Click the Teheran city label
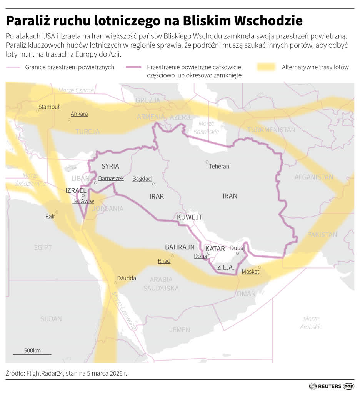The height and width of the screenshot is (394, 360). click(219, 166)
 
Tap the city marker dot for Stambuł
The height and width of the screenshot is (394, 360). click(38, 111)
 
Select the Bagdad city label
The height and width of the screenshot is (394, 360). click(142, 179)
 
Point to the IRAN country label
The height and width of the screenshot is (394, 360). click(230, 196)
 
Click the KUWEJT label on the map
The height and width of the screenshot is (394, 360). click(190, 217)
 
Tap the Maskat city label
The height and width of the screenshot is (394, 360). click(250, 272)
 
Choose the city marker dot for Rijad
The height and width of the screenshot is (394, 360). click(172, 255)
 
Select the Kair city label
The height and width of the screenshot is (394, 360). click(50, 216)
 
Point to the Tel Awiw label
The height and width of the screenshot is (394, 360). click(83, 201)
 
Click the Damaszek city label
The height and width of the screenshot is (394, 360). click(111, 179)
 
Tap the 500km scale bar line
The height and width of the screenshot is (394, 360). click(32, 354)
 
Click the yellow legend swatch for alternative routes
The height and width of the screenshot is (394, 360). click(265, 67)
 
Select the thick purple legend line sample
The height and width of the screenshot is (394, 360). click(134, 67)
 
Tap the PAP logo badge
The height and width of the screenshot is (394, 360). click(349, 386)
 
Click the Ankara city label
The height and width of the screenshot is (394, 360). click(79, 114)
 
